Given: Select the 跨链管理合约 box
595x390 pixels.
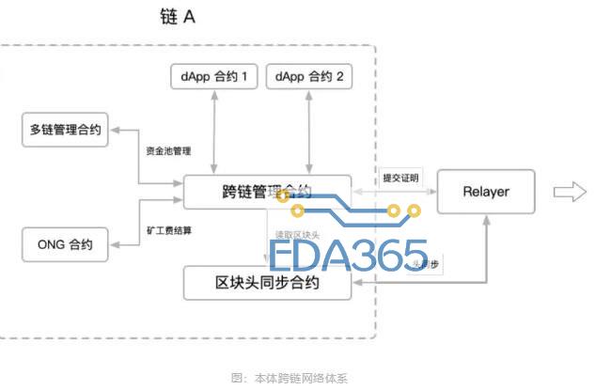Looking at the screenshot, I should coord(267,192).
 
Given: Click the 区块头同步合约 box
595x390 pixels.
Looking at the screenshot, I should coord(267,282).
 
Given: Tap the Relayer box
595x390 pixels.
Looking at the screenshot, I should coord(486,192).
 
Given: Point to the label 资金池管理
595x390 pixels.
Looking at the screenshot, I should coord(168,150).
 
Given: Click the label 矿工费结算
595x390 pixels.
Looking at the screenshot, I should coord(168,228).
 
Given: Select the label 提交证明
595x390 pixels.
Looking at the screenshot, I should coord(401,178).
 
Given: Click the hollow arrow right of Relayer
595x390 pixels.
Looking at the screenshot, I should coord(569,192).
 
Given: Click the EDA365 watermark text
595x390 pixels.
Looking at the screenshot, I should coord(348,255).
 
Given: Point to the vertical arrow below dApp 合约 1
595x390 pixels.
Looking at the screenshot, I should coord(216,132).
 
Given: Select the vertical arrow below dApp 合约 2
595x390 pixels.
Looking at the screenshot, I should coord(312,132).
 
